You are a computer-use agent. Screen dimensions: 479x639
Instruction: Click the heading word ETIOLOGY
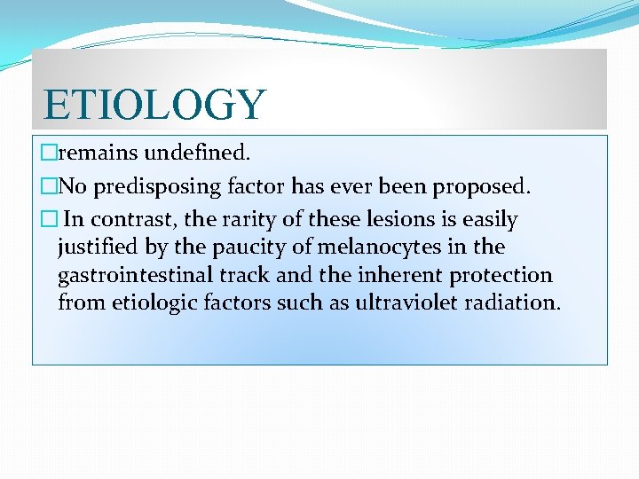pyautogui.click(x=154, y=104)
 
